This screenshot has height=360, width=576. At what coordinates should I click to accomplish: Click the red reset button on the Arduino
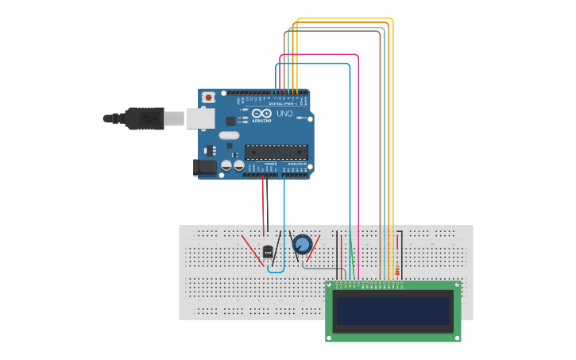[208, 97]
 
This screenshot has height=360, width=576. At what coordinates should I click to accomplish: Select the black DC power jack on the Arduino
[203, 168]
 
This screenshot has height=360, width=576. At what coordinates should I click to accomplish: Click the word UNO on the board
[284, 114]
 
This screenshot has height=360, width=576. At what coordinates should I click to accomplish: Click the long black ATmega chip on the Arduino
[276, 152]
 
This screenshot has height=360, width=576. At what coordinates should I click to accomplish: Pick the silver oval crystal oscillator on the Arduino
[229, 135]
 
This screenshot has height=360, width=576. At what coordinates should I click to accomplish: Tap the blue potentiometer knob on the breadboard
[302, 244]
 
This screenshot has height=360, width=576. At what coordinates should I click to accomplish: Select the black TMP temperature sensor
[269, 253]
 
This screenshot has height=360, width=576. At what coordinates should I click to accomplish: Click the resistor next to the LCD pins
[397, 270]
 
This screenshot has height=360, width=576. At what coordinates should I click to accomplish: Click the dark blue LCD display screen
[393, 311]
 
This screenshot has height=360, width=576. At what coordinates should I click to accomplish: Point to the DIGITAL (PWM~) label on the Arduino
[283, 103]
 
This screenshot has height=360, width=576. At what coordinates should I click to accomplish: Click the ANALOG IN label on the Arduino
[296, 163]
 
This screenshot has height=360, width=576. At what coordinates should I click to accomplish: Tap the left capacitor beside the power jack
[226, 166]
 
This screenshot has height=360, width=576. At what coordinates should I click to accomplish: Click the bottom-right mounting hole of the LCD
[456, 337]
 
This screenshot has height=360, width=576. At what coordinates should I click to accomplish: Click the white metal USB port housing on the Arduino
[200, 118]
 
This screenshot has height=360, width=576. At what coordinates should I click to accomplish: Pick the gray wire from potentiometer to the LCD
[318, 267]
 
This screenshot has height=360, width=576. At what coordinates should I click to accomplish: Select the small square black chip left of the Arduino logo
[231, 122]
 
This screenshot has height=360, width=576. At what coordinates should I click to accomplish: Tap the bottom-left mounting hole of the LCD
[330, 337]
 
